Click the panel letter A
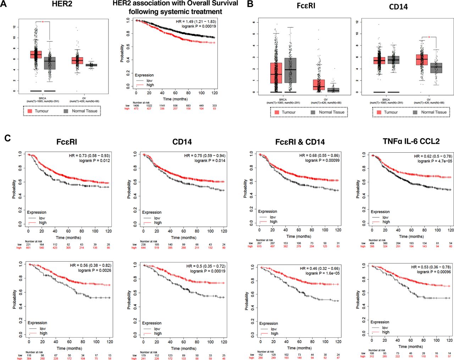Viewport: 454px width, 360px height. click(x=4, y=4)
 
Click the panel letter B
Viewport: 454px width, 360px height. click(x=250, y=4)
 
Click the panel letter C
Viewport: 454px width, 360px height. click(x=7, y=138)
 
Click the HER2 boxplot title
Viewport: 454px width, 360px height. click(x=62, y=4)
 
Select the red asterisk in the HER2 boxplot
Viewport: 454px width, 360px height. click(x=43, y=22)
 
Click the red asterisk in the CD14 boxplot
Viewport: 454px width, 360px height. click(x=429, y=37)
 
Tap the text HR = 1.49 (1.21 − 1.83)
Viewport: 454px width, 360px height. click(x=196, y=22)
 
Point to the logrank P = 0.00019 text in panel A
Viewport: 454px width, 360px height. click(x=199, y=26)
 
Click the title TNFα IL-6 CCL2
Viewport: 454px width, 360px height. click(x=411, y=141)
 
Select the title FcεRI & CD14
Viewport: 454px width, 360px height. click(x=300, y=142)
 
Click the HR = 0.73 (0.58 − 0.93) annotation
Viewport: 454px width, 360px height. click(x=89, y=156)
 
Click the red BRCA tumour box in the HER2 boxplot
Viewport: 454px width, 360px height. click(x=36, y=55)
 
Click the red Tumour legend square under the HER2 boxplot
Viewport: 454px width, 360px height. click(x=30, y=111)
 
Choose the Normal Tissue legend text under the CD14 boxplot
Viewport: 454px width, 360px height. click(x=433, y=112)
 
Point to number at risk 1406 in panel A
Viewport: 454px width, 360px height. click(x=136, y=105)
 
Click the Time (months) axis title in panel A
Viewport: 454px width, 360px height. click(x=175, y=99)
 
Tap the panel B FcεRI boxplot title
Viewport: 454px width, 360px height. click(x=306, y=6)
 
